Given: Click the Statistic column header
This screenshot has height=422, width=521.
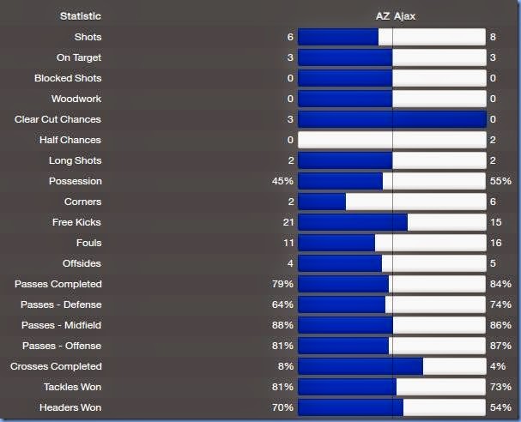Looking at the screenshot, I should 80,16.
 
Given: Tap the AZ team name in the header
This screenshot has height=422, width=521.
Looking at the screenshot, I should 383,16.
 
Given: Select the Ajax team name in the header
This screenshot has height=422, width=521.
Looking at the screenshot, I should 406,16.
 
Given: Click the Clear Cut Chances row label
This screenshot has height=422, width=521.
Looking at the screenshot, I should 58,119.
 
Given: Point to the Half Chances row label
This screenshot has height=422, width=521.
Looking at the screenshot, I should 70,140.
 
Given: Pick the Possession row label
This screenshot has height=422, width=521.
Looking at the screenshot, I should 76,181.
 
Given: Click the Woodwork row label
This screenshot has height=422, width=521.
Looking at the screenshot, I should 76,99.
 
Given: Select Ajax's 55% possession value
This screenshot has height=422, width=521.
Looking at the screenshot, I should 501,181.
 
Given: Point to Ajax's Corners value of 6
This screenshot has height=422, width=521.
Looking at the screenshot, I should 493,202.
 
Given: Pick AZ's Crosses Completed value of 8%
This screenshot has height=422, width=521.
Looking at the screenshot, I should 286,366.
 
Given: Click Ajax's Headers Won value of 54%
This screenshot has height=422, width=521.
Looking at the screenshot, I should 501,407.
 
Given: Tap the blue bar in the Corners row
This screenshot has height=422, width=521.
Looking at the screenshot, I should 322,202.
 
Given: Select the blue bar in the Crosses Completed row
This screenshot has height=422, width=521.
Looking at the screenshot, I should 360,366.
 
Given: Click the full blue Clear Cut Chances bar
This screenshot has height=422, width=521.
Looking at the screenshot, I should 392,119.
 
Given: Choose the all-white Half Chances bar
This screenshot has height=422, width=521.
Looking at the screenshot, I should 392,140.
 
